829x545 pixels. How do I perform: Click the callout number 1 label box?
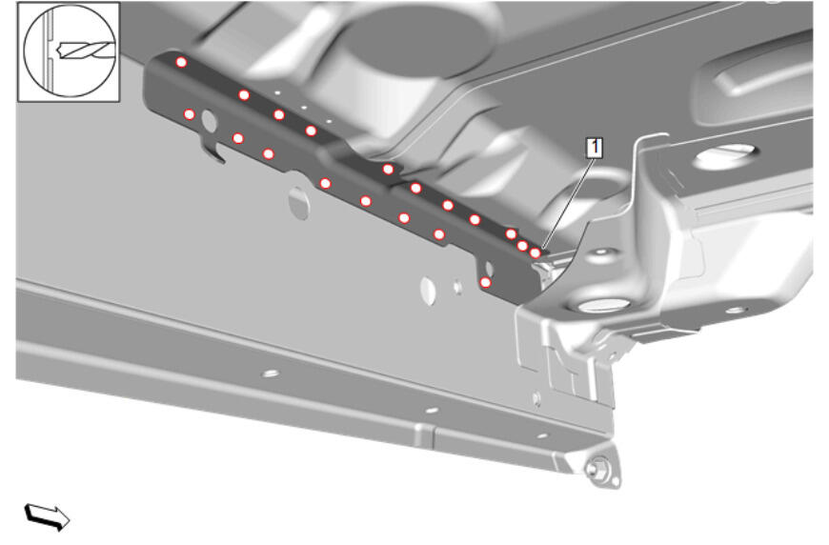point(595,148)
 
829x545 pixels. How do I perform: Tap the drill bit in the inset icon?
point(86,50)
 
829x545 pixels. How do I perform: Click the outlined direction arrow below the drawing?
point(47,516)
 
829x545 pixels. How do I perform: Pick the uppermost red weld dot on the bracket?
point(181,62)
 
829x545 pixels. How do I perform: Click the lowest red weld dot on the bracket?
point(485,283)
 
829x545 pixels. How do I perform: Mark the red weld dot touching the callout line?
point(536,253)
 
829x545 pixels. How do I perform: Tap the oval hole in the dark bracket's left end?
point(210,121)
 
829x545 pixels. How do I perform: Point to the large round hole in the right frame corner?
point(604,305)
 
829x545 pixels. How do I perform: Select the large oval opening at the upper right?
point(725,156)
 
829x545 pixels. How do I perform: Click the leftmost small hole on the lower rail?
point(271,373)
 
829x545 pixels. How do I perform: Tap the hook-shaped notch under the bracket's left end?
point(213,151)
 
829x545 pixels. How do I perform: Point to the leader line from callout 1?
point(568,202)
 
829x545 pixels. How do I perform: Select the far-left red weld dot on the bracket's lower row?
point(189,114)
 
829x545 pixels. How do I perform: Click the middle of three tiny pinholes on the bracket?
point(304,107)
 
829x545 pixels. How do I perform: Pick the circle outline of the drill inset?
point(70,50)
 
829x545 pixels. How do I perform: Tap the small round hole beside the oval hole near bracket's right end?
point(457,287)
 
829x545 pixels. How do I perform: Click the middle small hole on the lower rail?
point(432,411)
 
